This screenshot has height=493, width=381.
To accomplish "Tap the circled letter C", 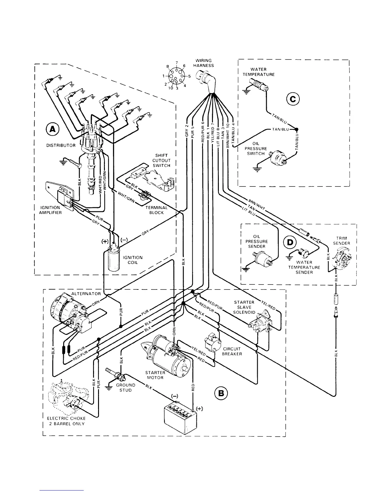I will coord(293,99).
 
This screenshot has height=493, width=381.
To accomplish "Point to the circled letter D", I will coord(290,242).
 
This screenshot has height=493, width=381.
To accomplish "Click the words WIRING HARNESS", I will coord(205,63).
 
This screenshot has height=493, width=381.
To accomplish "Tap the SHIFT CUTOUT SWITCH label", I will coord(161,160).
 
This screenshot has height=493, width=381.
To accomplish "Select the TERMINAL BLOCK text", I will coord(156,210).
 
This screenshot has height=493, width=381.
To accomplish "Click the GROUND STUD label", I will coord(125,387).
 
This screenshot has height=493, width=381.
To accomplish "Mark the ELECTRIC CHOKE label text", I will coord(66,418).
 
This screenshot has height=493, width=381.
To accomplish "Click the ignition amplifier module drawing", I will coord(64,198).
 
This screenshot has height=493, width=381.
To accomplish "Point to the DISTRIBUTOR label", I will coord(61,145).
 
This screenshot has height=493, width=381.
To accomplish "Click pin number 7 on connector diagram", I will coord(176,63).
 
